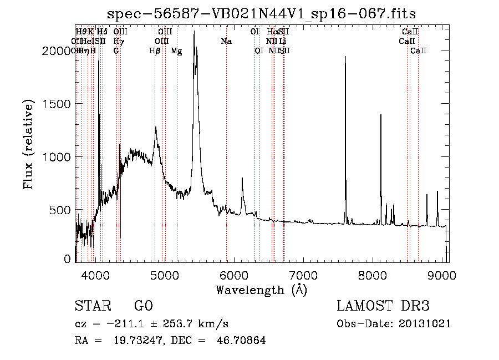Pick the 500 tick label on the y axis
[62, 210]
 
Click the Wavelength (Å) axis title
[261, 290]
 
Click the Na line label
[226, 42]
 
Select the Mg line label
[176, 51]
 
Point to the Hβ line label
[155, 51]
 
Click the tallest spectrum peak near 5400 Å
[194, 33]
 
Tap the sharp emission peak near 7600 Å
[345, 57]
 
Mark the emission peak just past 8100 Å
[380, 115]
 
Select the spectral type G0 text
[143, 306]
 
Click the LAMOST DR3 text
[383, 306]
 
